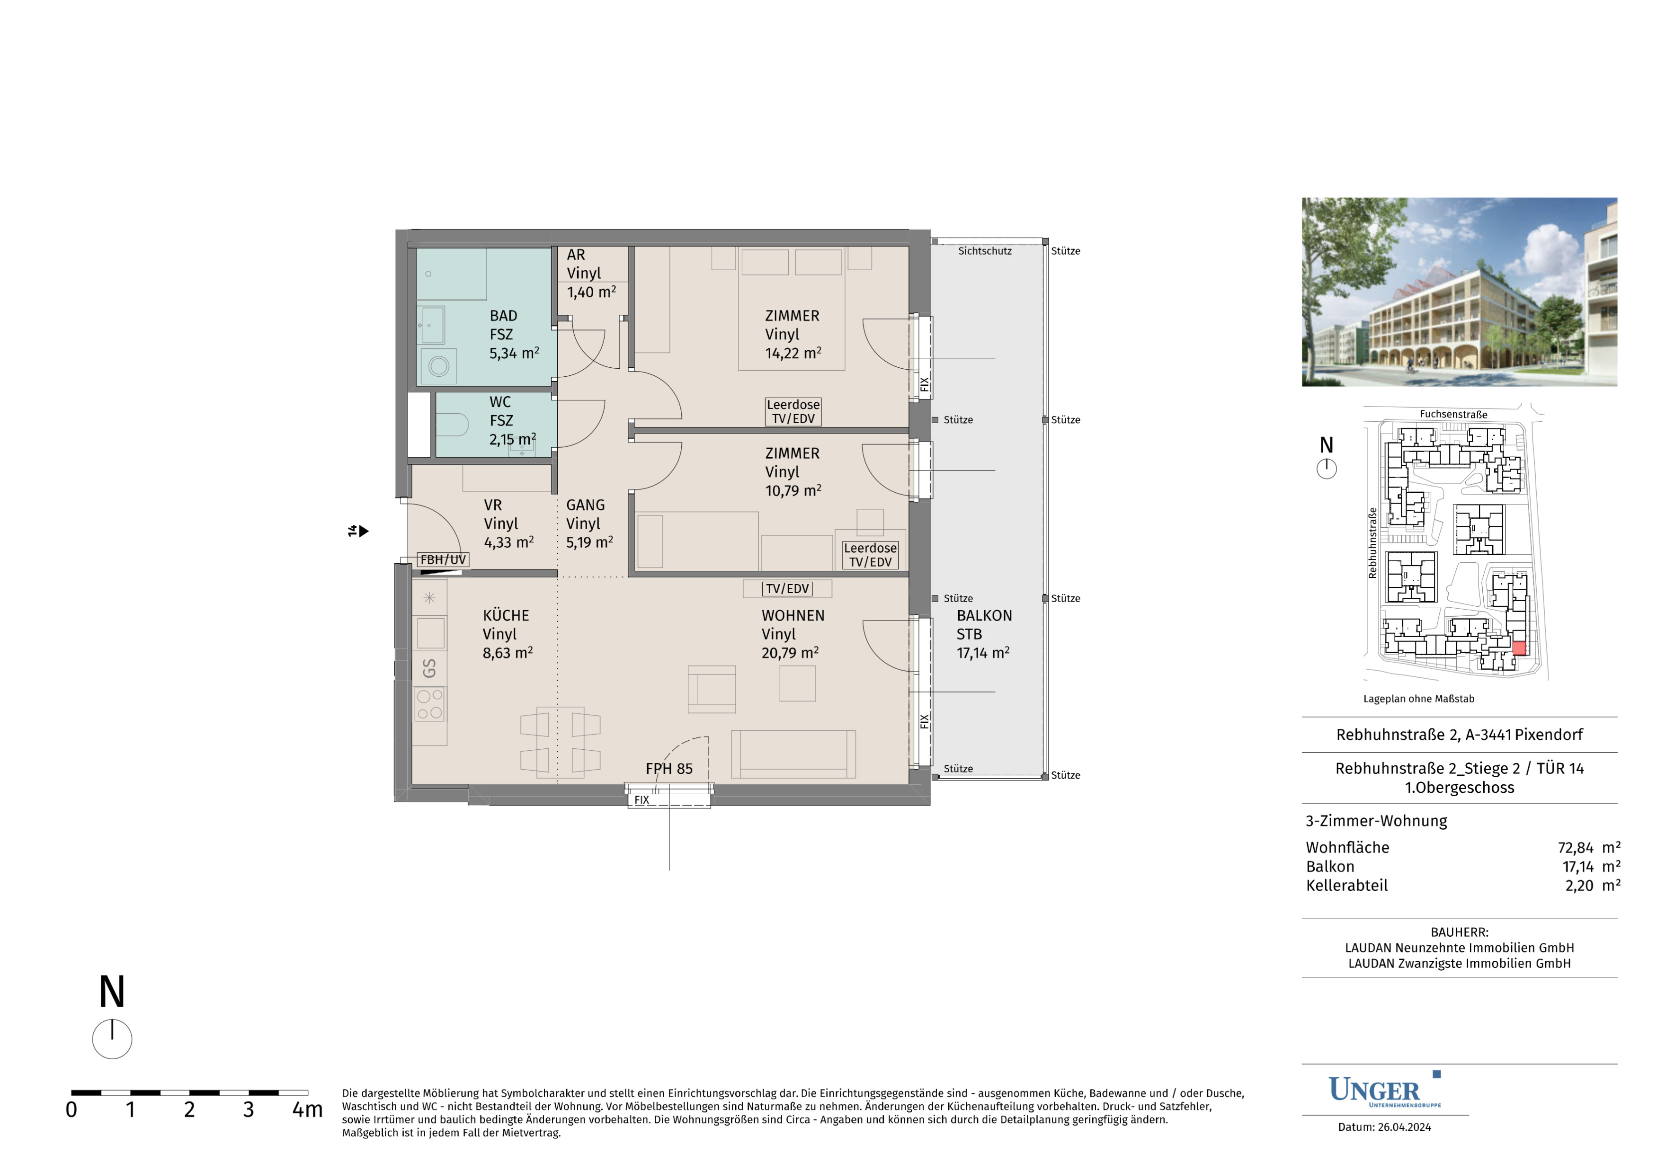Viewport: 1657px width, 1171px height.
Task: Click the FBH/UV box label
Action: click(443, 560)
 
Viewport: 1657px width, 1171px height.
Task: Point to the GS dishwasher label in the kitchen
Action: click(429, 668)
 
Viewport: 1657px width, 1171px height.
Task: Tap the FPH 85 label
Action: click(669, 769)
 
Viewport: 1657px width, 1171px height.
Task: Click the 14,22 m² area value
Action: click(793, 353)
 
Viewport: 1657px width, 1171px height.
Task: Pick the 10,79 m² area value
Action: click(793, 491)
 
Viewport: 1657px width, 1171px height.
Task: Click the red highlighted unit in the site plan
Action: click(1519, 648)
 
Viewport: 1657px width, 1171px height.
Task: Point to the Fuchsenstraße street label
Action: click(1453, 414)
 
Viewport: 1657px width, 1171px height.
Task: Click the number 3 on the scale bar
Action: click(248, 1109)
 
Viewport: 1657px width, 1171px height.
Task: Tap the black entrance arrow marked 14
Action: click(364, 531)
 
